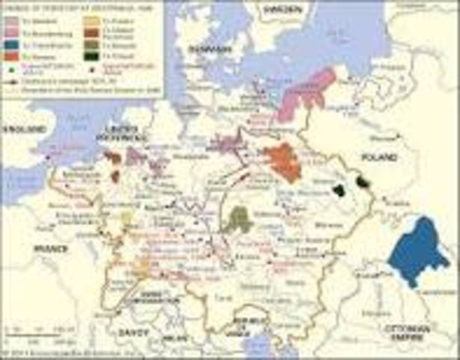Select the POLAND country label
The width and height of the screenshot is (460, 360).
pyautogui.click(x=379, y=157)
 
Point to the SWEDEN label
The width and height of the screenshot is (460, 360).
pyautogui.click(x=283, y=9)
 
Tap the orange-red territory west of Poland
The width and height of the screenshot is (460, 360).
pyautogui.click(x=283, y=162)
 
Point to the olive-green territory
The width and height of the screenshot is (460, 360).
pyautogui.click(x=240, y=219)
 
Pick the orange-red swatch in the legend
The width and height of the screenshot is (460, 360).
pyautogui.click(x=11, y=54)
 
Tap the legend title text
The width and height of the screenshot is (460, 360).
pyautogui.click(x=56, y=8)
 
